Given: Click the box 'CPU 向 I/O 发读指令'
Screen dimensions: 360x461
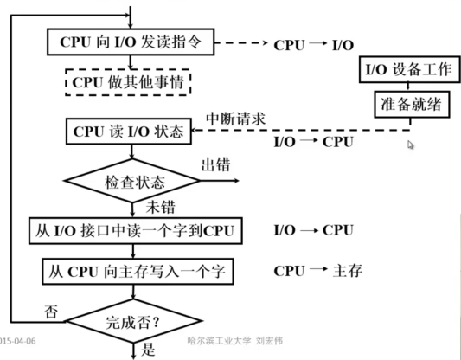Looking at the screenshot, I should [130, 42].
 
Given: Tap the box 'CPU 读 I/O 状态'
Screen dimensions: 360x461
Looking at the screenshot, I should [129, 132].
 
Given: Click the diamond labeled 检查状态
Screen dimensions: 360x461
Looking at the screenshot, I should [130, 183].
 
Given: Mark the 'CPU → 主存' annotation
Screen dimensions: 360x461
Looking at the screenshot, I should [316, 271].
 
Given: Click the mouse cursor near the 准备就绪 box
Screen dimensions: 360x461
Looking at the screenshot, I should [411, 145].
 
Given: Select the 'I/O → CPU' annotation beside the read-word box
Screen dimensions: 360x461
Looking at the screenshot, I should [311, 230].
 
